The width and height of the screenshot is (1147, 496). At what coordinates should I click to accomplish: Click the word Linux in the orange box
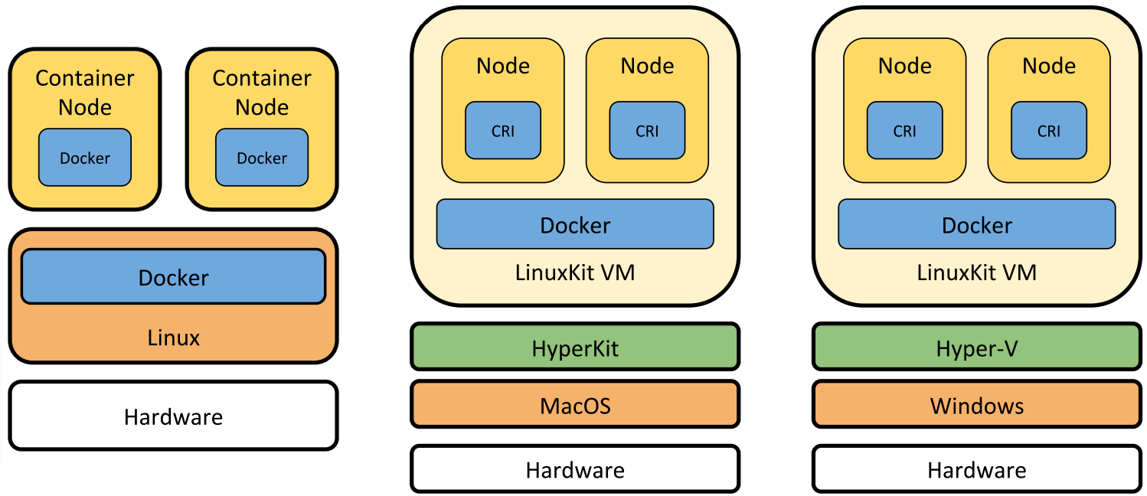point(173,338)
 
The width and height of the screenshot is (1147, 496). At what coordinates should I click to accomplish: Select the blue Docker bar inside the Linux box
point(173,276)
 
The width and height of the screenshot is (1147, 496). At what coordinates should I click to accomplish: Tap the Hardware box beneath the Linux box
point(173,416)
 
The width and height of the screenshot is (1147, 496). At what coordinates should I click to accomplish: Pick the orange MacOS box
point(575,404)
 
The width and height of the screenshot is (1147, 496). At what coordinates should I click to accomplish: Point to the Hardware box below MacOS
point(575,468)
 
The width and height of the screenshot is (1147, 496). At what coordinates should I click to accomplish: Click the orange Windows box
point(976,404)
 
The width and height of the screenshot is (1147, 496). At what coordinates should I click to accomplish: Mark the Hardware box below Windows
point(976,468)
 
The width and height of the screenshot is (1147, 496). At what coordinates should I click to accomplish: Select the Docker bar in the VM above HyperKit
point(575,224)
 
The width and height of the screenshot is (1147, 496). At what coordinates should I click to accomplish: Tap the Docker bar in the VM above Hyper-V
point(976,224)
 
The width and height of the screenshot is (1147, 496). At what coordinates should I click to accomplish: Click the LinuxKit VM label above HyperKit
point(575,272)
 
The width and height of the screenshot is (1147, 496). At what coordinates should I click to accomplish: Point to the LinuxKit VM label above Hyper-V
point(976,272)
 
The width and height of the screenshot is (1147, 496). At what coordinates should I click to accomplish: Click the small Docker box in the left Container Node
point(85,158)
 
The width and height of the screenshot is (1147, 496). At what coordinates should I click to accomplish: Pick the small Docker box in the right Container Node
point(262,158)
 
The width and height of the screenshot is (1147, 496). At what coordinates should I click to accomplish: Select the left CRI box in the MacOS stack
point(503,131)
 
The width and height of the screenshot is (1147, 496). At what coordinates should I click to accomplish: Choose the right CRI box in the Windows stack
point(1048,131)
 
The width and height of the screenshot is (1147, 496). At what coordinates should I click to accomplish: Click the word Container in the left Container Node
point(85,78)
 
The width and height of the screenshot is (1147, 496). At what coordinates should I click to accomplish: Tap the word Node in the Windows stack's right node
point(1048,66)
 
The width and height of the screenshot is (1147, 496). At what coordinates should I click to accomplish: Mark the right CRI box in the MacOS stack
point(647,131)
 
